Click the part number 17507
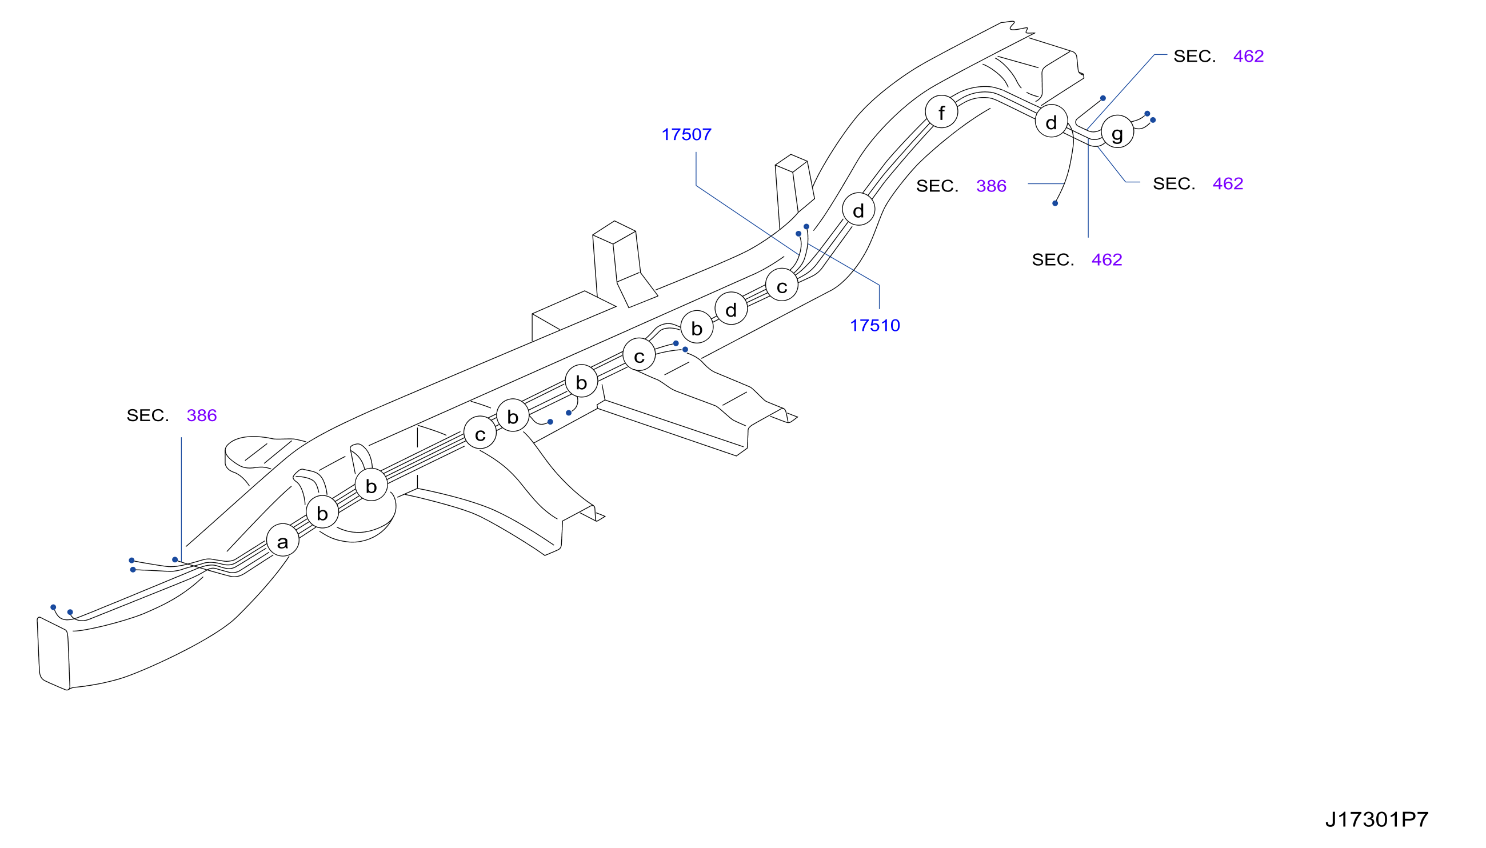point(686,134)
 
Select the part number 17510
point(874,326)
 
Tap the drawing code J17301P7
point(1376,819)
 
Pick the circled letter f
point(941,112)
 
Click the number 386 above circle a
point(202,415)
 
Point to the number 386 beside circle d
point(991,186)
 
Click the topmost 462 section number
point(1248,56)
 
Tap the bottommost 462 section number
point(1106,259)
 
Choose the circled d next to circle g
point(1052,121)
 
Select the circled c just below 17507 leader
point(782,285)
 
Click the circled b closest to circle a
point(322,512)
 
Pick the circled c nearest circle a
point(480,433)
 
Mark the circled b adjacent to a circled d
point(697,327)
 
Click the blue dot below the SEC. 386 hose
point(1055,203)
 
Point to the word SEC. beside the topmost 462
point(1195,56)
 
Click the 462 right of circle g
point(1228,183)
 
